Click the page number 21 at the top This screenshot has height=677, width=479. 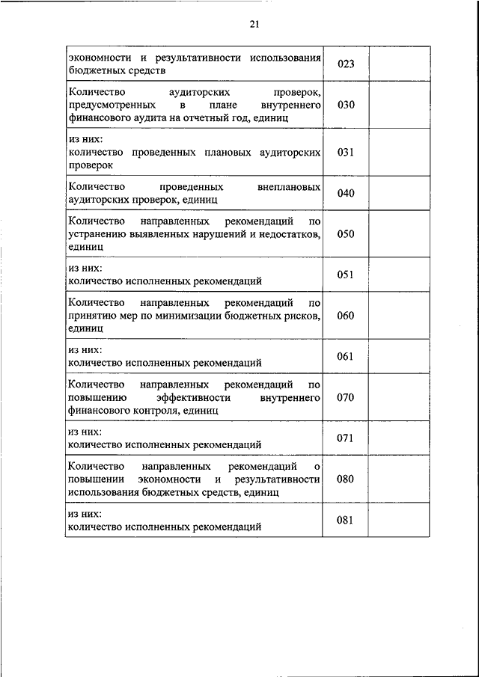click(254, 24)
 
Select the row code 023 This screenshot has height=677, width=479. click(345, 64)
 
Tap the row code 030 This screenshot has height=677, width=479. click(345, 105)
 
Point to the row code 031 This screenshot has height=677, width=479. click(345, 152)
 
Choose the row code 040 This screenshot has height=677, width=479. click(345, 193)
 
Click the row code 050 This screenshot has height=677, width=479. click(345, 233)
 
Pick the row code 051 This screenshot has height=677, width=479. click(345, 275)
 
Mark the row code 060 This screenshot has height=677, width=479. click(345, 315)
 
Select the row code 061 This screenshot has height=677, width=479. click(345, 356)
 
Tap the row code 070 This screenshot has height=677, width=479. click(345, 396)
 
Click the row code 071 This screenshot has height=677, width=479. click(345, 438)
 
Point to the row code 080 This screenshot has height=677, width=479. click(345, 479)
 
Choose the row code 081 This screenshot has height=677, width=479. click(345, 520)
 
